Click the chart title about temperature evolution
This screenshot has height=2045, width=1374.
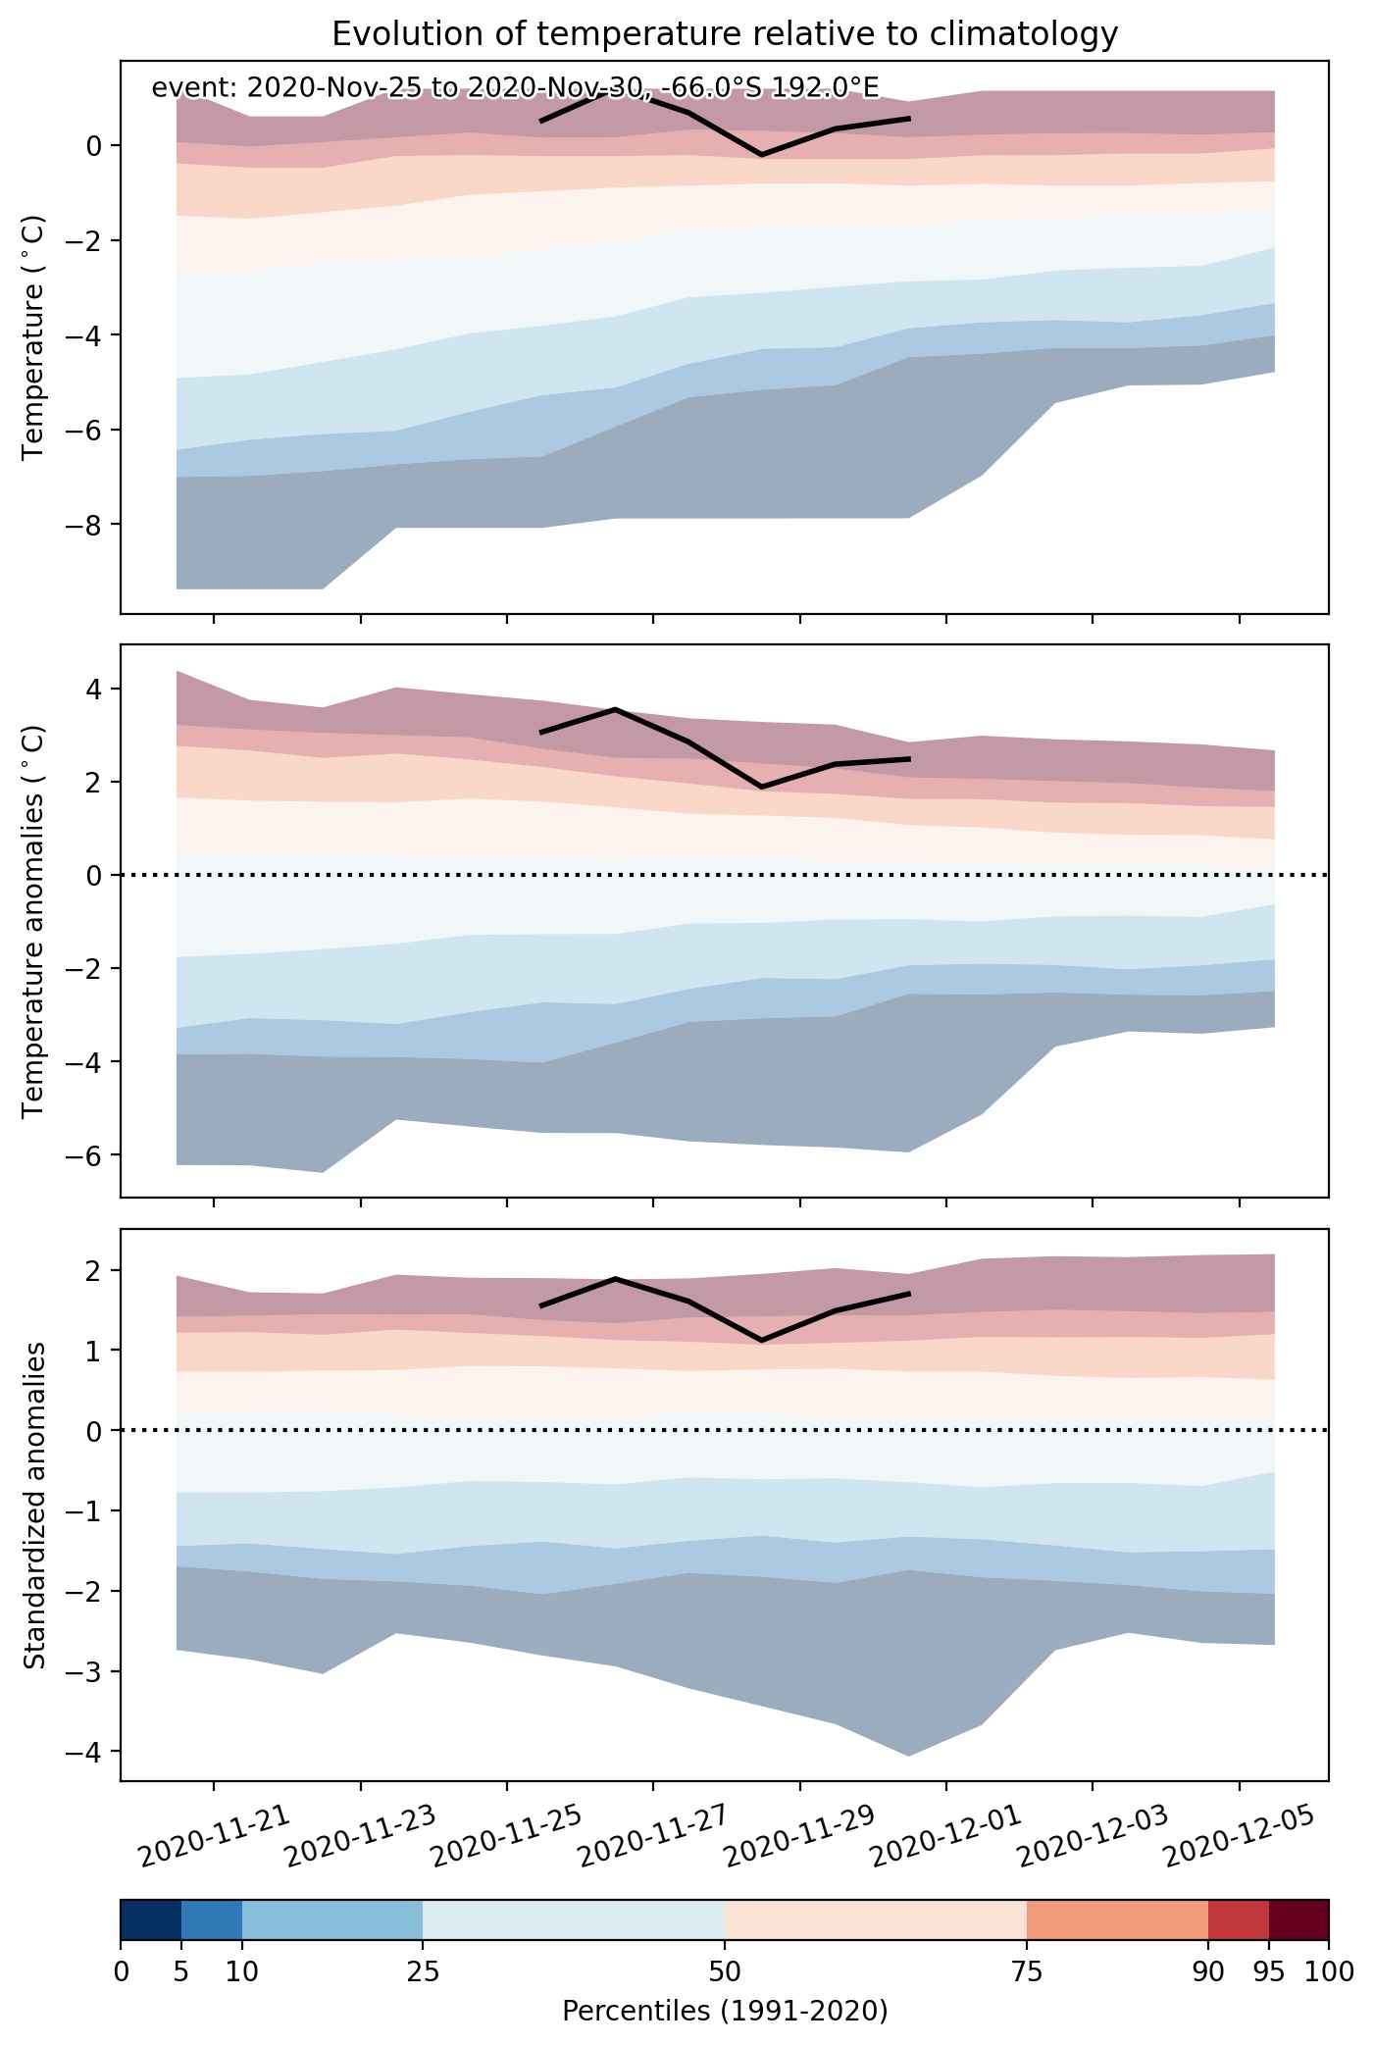(725, 34)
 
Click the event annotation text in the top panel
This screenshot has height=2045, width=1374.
(515, 88)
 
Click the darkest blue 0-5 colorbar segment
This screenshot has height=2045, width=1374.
(151, 1927)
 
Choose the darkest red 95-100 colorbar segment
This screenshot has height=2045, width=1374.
(1298, 1927)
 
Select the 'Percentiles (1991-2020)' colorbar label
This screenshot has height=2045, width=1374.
(725, 2012)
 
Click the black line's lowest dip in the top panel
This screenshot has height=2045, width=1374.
(762, 155)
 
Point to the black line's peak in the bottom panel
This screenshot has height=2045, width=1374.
(616, 1278)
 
